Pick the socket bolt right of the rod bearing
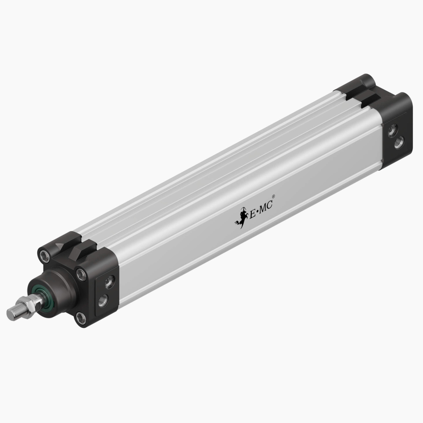coord(81,273)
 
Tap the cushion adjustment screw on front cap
coord(109,281)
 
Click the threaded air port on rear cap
coord(399,143)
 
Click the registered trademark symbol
coord(273,197)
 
